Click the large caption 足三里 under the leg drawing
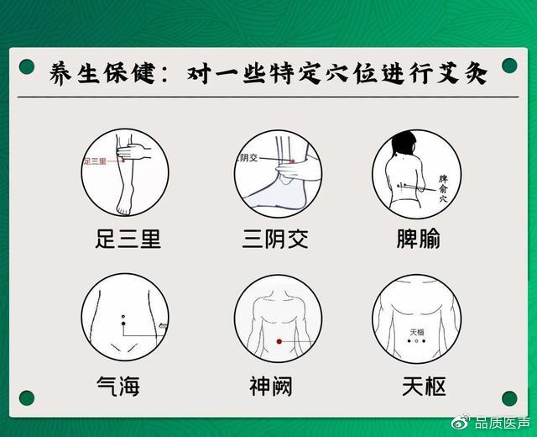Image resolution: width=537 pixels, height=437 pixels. tap(128, 239)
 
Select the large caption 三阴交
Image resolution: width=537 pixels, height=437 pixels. tap(276, 239)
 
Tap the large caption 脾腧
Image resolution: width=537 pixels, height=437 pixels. tap(419, 239)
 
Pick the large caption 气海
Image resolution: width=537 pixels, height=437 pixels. tap(118, 386)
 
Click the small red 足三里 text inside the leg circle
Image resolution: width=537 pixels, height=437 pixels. tap(94, 160)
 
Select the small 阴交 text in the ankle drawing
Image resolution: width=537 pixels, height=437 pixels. tap(248, 157)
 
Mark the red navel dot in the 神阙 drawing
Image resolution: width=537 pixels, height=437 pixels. tap(279, 341)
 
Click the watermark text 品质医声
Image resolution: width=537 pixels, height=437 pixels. tap(503, 422)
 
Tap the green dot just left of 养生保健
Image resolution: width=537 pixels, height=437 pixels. tap(27, 66)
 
